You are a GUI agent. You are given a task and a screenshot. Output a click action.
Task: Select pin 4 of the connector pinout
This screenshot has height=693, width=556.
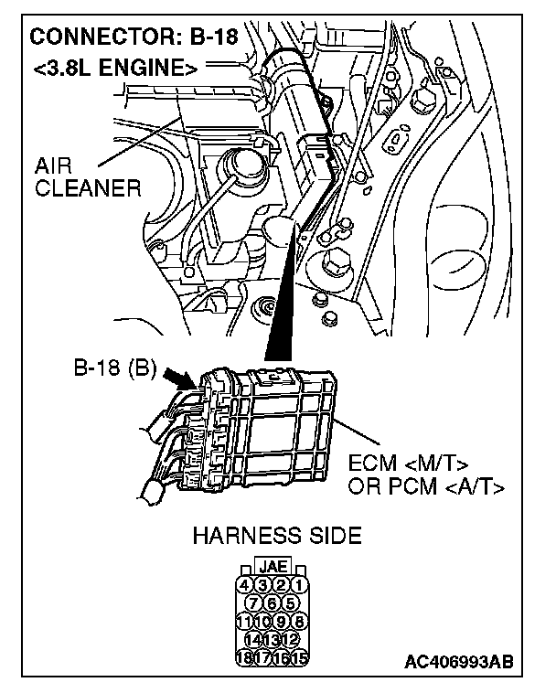[244, 584]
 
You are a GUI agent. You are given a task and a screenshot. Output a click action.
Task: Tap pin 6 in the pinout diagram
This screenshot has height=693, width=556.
[273, 602]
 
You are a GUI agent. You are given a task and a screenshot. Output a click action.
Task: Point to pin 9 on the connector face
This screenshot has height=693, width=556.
[282, 621]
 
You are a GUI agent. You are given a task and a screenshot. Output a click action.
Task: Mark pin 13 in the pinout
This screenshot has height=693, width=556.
[273, 638]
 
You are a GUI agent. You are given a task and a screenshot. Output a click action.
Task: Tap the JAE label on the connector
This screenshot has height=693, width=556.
[273, 567]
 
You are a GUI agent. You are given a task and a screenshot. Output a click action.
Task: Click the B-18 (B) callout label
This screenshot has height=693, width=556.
[115, 371]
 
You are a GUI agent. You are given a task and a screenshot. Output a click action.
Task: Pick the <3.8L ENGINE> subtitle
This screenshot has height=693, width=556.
[115, 68]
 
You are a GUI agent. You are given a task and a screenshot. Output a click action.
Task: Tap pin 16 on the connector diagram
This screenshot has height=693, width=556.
[282, 656]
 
